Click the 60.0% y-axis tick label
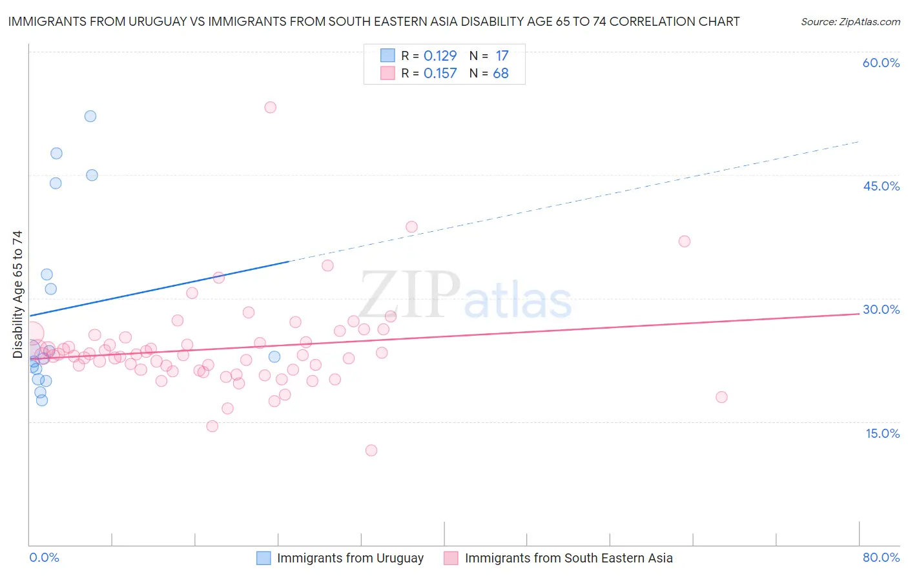pyautogui.click(x=881, y=63)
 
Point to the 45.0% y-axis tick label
pyautogui.click(x=881, y=186)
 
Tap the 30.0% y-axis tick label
pyautogui.click(x=881, y=309)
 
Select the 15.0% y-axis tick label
pyautogui.click(x=882, y=433)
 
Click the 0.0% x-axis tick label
pyautogui.click(x=44, y=557)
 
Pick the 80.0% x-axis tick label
pyautogui.click(x=881, y=557)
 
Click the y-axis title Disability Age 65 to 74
pyautogui.click(x=17, y=294)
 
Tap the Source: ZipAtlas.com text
pyautogui.click(x=850, y=21)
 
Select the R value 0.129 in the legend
pyautogui.click(x=440, y=56)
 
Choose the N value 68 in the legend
pyautogui.click(x=500, y=74)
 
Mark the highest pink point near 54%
pyautogui.click(x=271, y=107)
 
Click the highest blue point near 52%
pyautogui.click(x=90, y=116)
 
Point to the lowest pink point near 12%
pyautogui.click(x=371, y=451)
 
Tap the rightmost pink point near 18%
pyautogui.click(x=722, y=397)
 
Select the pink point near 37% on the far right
pyautogui.click(x=685, y=242)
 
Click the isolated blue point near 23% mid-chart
pyautogui.click(x=274, y=356)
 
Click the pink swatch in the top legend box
pyautogui.click(x=387, y=73)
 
